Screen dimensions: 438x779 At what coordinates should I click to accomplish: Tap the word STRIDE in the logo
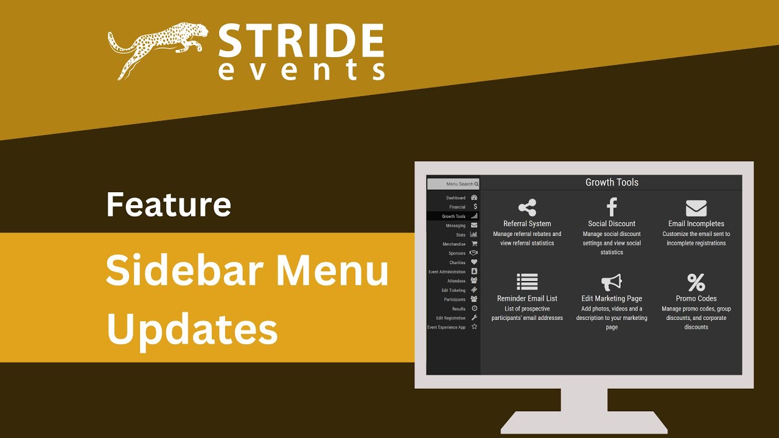301,41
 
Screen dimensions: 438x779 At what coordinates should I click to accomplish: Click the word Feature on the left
169,204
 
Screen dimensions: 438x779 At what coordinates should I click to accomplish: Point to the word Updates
192,329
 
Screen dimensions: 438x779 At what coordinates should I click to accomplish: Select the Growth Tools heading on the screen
612,182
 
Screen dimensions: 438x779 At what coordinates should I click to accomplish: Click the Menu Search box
453,184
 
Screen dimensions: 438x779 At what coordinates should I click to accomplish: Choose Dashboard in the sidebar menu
456,198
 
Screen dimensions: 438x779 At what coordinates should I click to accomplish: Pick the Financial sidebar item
458,207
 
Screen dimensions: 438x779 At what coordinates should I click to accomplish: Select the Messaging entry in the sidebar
456,226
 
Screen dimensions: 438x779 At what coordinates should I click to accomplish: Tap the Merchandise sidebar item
455,244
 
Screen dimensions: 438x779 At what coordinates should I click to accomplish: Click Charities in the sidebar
458,263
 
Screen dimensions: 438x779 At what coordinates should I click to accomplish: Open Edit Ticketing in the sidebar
454,290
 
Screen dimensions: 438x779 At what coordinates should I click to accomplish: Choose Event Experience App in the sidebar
447,327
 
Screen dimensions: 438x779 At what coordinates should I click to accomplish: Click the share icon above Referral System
527,208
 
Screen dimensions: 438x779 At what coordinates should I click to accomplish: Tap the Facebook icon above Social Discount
612,208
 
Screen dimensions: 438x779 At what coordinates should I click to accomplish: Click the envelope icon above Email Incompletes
696,209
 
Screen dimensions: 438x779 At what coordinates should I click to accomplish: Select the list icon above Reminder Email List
527,282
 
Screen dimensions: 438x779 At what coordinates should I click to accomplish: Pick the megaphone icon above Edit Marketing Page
612,282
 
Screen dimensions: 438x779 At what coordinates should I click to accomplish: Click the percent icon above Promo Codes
696,282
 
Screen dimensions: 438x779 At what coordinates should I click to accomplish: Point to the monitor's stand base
584,422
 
